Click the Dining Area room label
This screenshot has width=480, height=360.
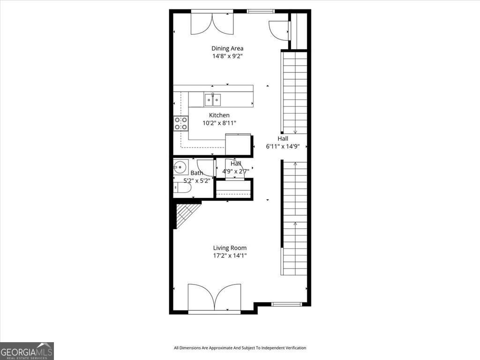227,48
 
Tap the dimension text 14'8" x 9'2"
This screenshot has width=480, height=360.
227,56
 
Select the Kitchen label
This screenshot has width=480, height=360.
219,115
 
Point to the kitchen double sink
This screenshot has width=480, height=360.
213,99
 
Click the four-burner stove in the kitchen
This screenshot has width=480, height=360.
181,123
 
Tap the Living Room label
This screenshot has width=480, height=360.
230,248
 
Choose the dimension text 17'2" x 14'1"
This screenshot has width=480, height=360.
230,256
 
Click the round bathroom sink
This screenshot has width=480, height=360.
180,166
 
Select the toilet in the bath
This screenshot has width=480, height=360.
182,188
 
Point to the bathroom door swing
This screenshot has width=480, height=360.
205,168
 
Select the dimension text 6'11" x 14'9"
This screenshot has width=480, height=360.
283,146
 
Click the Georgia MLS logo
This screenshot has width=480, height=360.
27,351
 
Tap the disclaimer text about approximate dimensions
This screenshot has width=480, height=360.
240,348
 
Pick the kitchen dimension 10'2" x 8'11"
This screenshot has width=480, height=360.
219,123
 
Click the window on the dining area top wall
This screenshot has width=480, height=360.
260,11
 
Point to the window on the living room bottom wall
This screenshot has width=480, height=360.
287,304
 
